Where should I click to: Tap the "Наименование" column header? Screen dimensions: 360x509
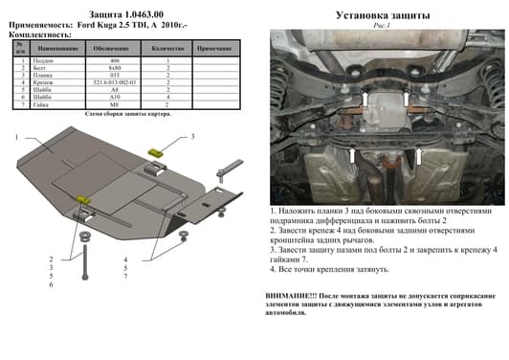coord(60,47)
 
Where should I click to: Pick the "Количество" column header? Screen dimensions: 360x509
coord(167,47)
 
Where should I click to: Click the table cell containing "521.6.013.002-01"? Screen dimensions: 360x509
coord(114,82)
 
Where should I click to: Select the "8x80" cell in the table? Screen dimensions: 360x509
coord(114,68)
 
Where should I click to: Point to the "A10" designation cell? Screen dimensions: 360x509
coord(114,97)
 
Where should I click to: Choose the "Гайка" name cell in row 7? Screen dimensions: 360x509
coord(60,103)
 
